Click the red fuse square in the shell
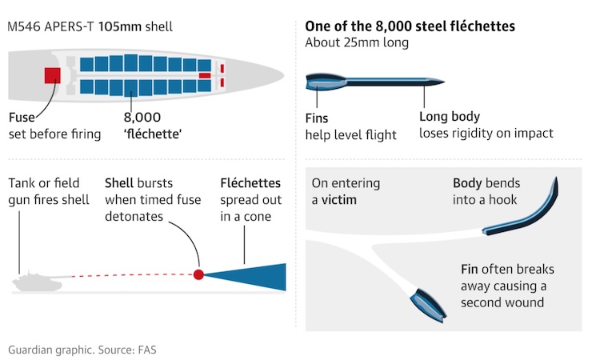(x=54, y=76)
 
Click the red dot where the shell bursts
(x=198, y=275)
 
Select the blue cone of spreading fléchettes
(x=256, y=275)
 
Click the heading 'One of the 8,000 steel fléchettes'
(x=410, y=26)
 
